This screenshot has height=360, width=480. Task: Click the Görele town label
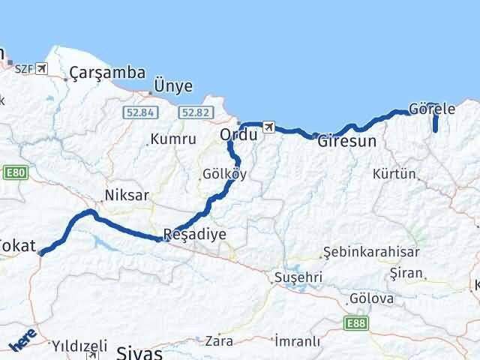pos(433,109)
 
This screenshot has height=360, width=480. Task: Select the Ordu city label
pos(238,135)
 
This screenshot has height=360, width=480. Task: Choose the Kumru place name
pos(172,139)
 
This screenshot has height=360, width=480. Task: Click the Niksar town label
pos(127,195)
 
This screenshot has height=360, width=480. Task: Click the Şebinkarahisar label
pos(371,252)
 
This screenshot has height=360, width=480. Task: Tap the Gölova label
pos(372,298)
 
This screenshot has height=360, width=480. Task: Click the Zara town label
pos(218,340)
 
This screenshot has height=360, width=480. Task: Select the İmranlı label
pos(298,341)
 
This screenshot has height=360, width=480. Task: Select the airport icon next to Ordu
pos(269,127)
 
